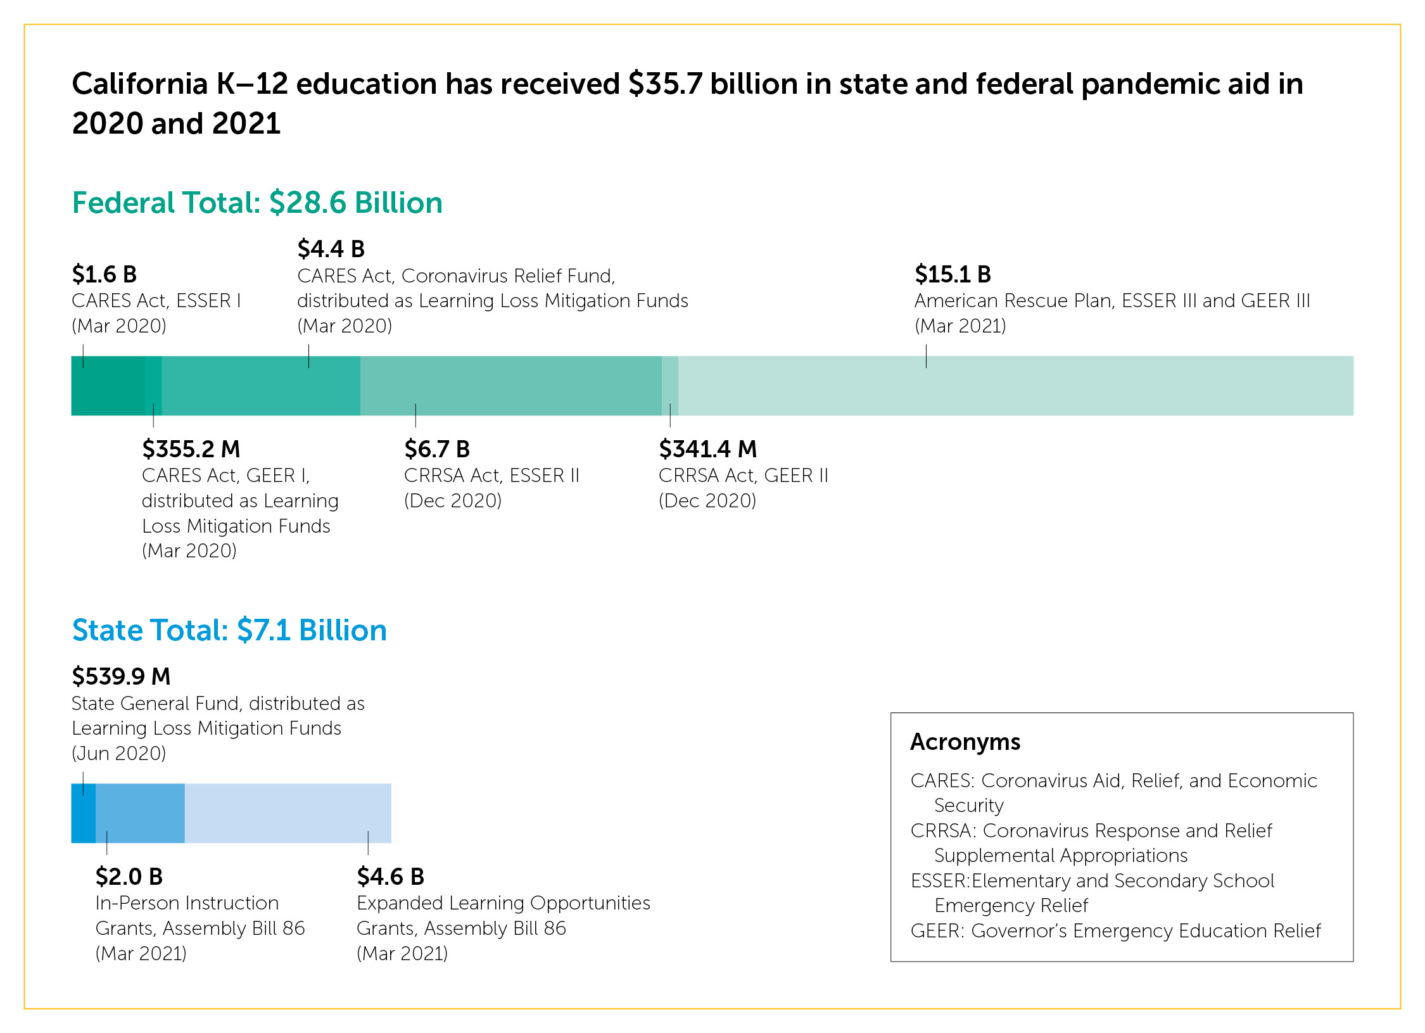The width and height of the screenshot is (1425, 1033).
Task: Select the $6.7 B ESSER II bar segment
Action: [510, 386]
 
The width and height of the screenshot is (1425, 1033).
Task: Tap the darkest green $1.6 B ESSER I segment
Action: [108, 386]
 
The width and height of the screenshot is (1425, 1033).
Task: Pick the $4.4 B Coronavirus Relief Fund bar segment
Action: [261, 386]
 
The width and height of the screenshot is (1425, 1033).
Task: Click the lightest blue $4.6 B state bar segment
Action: [288, 813]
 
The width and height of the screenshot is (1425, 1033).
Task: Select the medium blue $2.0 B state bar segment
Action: [140, 813]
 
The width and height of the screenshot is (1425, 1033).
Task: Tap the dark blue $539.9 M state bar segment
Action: [83, 813]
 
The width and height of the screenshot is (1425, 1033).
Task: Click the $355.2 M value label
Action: [191, 449]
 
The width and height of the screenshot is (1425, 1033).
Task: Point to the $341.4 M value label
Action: [707, 449]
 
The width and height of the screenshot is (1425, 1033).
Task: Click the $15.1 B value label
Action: [953, 274]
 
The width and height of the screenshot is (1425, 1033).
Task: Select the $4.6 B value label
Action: [390, 877]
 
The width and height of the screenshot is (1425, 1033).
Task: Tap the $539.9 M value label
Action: [121, 676]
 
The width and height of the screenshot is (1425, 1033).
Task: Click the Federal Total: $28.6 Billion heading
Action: [257, 203]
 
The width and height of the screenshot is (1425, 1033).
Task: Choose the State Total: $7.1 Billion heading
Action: [229, 630]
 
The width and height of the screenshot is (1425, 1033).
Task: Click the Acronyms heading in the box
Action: [965, 742]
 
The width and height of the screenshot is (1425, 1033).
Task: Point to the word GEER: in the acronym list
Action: [937, 931]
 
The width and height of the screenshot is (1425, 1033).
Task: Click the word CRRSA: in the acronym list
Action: [943, 830]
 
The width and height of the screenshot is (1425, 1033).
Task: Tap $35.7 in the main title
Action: [666, 84]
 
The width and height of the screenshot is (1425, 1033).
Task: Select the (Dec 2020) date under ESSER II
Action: [453, 501]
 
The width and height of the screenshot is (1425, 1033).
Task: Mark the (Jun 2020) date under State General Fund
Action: [119, 754]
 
